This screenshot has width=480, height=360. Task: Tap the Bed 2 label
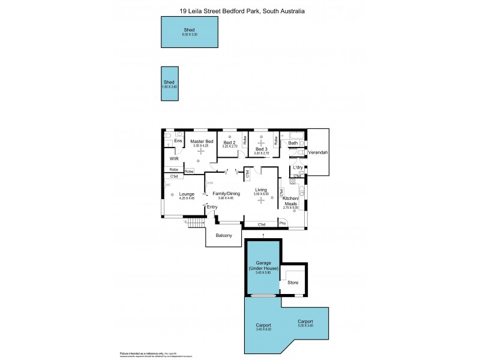pyautogui.click(x=230, y=142)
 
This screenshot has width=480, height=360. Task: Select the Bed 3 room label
pyautogui.click(x=261, y=149)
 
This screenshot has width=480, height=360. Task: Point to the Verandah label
pyautogui.click(x=318, y=153)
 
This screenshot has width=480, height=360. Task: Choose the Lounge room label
pyautogui.click(x=187, y=194)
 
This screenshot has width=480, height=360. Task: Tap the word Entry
pyautogui.click(x=212, y=207)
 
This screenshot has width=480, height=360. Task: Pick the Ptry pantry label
pyautogui.click(x=283, y=224)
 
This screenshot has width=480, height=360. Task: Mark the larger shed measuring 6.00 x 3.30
pyautogui.click(x=190, y=31)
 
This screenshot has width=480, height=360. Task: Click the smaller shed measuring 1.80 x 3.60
pyautogui.click(x=170, y=83)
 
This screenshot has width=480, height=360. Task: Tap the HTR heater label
pyautogui.click(x=210, y=183)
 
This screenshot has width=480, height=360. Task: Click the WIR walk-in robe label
pyautogui.click(x=174, y=159)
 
